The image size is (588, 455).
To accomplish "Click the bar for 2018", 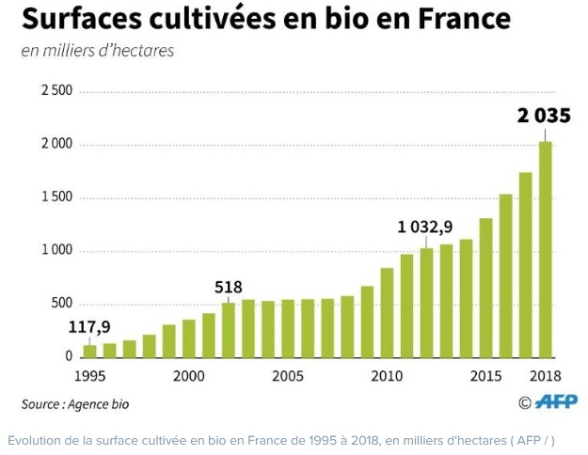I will (x=545, y=249).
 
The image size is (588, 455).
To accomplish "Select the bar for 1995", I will (x=90, y=351).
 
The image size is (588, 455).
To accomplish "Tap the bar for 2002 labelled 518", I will (x=229, y=330).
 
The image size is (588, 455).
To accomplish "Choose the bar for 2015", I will (x=485, y=288).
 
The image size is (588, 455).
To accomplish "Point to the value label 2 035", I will (x=543, y=118).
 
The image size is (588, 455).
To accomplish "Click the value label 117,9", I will (x=88, y=328).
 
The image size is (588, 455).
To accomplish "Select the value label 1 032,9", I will (x=425, y=227).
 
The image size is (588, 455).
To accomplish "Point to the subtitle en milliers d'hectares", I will (x=98, y=51).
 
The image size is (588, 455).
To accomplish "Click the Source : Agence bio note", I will (x=75, y=404).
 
